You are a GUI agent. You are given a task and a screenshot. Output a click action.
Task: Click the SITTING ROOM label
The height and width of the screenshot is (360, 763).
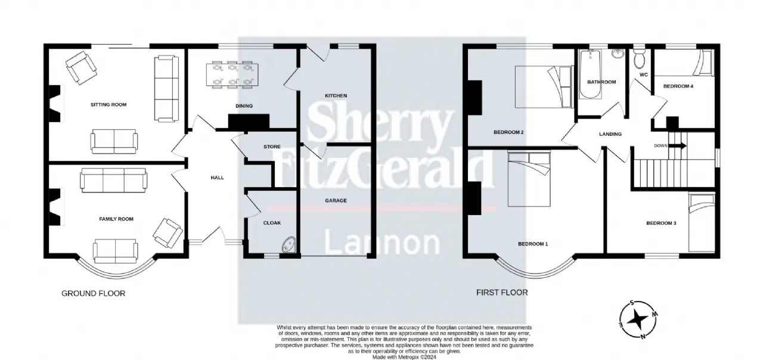coord(108,104)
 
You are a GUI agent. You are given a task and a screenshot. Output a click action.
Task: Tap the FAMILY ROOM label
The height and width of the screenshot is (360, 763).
coord(116,219)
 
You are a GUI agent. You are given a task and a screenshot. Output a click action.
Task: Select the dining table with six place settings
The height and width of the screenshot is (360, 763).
coord(232,75)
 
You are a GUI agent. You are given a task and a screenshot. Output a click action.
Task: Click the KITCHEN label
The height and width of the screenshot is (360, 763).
coord(336,96)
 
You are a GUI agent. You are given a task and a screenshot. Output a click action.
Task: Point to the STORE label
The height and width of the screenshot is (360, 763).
coord(272,147)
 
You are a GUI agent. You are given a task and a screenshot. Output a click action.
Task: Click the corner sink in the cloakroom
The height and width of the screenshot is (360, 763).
coord(290,245)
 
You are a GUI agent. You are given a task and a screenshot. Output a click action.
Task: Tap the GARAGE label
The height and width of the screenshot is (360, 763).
coord(336,201)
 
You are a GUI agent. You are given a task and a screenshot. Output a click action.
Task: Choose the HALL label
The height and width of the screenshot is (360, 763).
coord(218,178)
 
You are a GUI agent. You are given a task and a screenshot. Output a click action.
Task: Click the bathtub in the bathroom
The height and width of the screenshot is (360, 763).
coord(590,75)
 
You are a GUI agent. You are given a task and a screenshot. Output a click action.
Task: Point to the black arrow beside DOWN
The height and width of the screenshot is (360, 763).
coord(678,146)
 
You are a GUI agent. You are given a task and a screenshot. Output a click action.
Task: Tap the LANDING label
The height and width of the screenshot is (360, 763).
coord(610,134)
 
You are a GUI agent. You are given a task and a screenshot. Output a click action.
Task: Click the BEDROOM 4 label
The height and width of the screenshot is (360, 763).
coord(678,86)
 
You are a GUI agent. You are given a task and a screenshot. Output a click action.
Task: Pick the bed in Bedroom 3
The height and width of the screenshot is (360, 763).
coord(702,222)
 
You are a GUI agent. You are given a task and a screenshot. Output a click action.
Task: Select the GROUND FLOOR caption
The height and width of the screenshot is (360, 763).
coord(94,293)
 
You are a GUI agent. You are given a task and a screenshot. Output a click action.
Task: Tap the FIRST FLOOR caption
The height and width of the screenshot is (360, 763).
coord(502,293)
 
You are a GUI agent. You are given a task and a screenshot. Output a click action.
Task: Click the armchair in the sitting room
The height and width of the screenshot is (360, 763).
coord(81,68)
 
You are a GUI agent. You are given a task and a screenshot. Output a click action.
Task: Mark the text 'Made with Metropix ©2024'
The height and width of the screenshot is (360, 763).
coord(404,357)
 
